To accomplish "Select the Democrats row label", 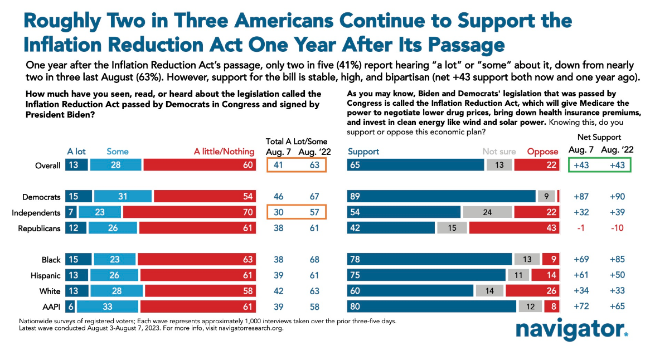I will [42, 196].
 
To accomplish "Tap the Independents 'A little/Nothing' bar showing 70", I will [190, 212].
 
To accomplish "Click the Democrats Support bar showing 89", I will [441, 196].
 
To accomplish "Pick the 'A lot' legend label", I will [77, 152].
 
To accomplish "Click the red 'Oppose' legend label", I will [543, 152].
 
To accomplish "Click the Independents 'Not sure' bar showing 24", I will [487, 212].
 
